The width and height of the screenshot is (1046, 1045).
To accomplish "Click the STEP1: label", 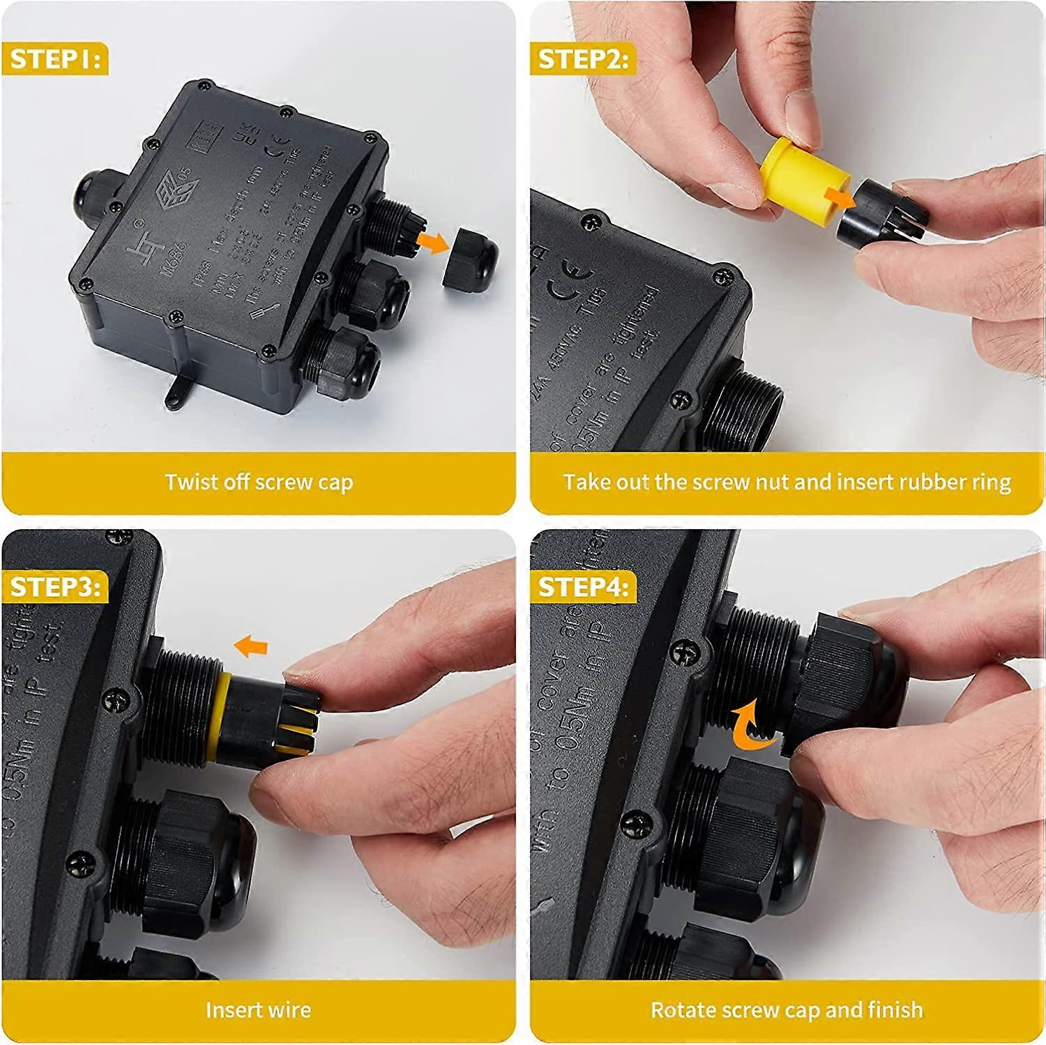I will (55, 59).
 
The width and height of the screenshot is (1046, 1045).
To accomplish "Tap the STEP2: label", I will (583, 59).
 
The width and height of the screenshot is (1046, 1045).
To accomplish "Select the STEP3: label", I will (55, 587).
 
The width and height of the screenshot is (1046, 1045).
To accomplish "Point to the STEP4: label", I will (583, 587).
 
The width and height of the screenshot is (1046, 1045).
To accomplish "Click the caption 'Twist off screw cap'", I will (259, 482).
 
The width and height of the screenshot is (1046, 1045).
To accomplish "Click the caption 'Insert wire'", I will (259, 1010).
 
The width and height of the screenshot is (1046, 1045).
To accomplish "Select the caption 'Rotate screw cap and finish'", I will (787, 1010).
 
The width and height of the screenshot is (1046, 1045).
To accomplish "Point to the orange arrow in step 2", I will (841, 197).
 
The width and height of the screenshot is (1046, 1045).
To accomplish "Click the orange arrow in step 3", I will (252, 646).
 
